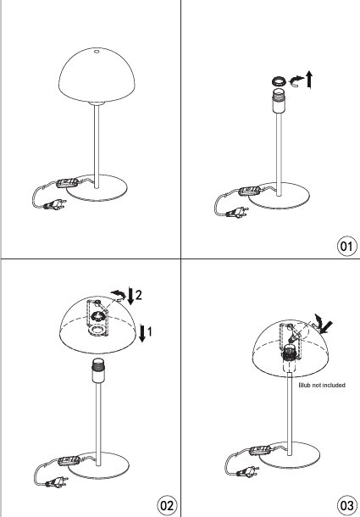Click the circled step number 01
[x=346, y=246]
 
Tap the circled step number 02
[x=166, y=505]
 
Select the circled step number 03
[x=346, y=505]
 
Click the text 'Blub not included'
[x=322, y=385]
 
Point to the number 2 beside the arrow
[x=139, y=294]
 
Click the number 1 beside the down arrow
[x=149, y=331]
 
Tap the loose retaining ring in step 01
[x=279, y=81]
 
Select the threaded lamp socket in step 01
[x=279, y=100]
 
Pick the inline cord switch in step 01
[x=250, y=191]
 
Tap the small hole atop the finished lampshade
[x=97, y=52]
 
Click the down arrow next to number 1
[x=142, y=333]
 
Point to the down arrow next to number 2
[x=131, y=296]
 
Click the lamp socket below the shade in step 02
[x=97, y=370]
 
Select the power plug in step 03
[x=246, y=471]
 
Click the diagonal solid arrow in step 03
[x=325, y=327]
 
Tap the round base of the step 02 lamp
[x=98, y=465]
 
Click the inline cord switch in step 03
[x=260, y=450]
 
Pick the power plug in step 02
[x=55, y=481]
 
